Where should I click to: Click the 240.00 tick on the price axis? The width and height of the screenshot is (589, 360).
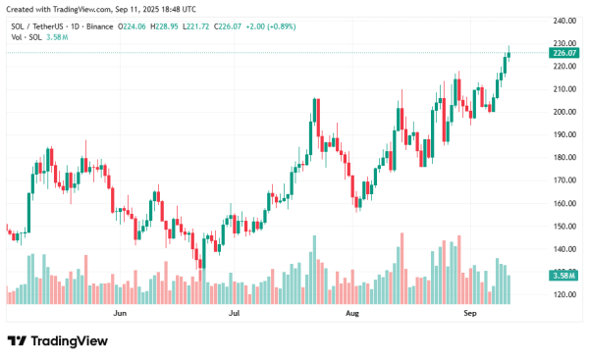click(x=562, y=20)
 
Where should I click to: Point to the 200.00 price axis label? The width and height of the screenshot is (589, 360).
click(x=562, y=112)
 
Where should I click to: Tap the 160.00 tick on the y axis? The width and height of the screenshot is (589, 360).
click(x=562, y=204)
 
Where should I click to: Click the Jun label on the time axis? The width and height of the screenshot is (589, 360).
click(x=121, y=314)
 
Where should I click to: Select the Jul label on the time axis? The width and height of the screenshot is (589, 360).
click(x=235, y=314)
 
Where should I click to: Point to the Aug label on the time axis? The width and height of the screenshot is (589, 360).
click(x=353, y=314)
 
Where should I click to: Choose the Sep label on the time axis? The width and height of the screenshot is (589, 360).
click(x=469, y=314)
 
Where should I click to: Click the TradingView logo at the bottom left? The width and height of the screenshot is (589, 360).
click(x=57, y=341)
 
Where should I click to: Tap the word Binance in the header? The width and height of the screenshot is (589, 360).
click(x=98, y=26)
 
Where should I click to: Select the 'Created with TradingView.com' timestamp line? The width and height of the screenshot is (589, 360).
click(x=93, y=9)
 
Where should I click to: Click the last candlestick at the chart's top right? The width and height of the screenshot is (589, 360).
click(x=509, y=54)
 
